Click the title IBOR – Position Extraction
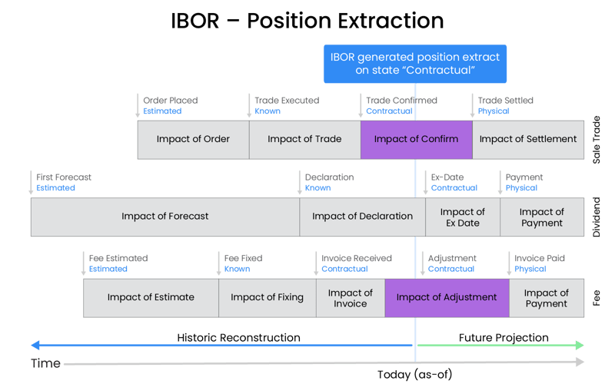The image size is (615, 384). pos(307,21)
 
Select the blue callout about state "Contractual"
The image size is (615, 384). pos(415,63)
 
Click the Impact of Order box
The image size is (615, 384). pos(194,140)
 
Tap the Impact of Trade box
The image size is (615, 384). pos(305,140)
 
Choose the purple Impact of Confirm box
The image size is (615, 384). pos(416,140)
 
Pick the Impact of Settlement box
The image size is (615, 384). pos(527,140)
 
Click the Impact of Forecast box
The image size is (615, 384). pos(165,217)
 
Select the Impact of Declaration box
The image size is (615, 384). pos(362,217)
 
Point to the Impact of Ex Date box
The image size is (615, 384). pos(463,217)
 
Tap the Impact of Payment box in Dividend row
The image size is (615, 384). pos(541,217)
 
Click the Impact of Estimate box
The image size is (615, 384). pos(151,298)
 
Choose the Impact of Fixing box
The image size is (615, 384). pos(267,298)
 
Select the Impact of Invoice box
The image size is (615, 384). pos(350,298)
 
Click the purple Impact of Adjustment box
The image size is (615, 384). pos(447,298)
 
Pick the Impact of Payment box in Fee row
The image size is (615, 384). pos(547,298)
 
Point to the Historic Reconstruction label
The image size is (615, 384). pos(238,338)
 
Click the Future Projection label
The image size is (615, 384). pos(504,338)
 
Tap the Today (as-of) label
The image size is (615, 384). pos(416,374)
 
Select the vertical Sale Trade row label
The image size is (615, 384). pos(597,140)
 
